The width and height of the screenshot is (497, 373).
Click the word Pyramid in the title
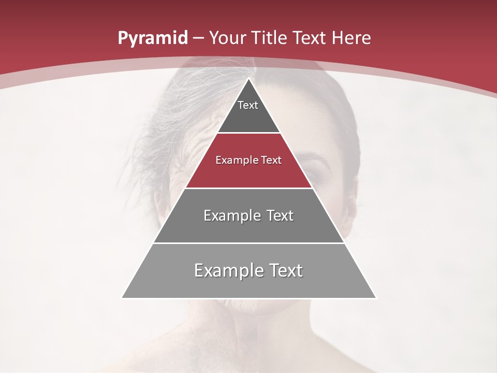point(153,38)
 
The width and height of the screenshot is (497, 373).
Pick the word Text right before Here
point(310,38)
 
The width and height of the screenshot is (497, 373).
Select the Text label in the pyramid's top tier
point(248,105)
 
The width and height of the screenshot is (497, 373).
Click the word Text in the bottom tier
point(283,270)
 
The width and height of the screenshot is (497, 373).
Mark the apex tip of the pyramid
point(248,78)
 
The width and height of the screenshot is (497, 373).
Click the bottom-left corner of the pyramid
point(122,298)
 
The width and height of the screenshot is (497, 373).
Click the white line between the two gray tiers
point(248,243)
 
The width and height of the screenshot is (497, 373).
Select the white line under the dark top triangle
point(248,133)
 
